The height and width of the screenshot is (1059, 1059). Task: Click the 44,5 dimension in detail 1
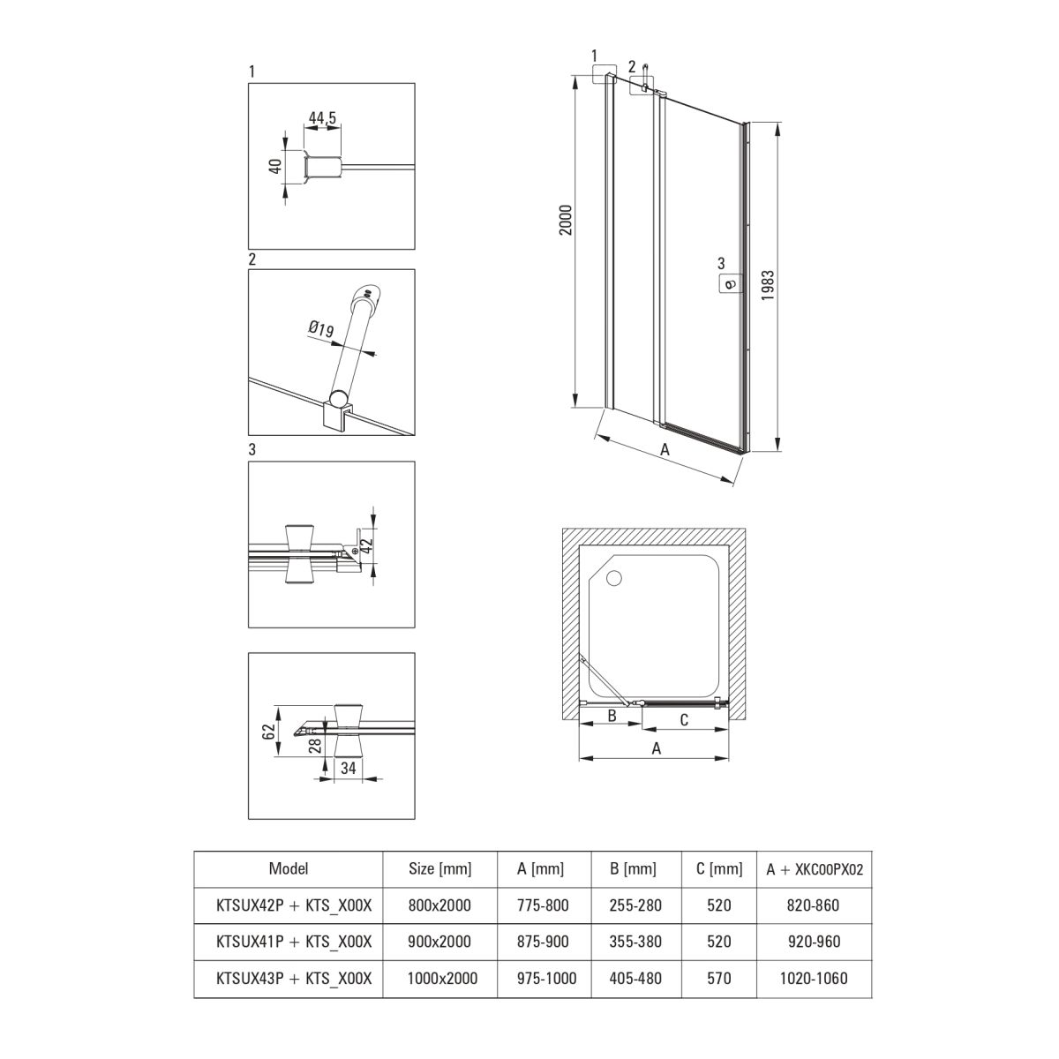coord(322,117)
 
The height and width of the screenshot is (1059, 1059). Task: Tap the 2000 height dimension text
coord(566,220)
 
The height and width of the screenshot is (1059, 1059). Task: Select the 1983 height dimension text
coord(768,285)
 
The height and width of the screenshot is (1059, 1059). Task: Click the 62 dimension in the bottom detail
coord(269,732)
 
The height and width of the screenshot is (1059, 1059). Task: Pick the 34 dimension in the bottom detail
coord(349,768)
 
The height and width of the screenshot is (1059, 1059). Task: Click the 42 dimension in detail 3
coord(367,545)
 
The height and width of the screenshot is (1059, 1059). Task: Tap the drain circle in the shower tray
coord(613,577)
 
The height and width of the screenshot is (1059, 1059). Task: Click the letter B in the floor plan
coord(611,716)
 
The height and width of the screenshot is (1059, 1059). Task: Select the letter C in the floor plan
coord(684,720)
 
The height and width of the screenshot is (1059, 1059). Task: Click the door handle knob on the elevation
coord(730,284)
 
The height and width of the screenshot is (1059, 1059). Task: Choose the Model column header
coord(288,869)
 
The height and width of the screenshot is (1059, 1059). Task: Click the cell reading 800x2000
coord(439,905)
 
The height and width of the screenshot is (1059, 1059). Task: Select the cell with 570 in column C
coord(719,978)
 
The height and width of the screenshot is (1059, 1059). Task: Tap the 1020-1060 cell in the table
coord(814,978)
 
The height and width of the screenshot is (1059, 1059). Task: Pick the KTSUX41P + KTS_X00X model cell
coord(294,942)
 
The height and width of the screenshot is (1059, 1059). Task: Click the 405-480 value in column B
coord(635,978)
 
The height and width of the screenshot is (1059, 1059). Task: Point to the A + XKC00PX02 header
coord(815,869)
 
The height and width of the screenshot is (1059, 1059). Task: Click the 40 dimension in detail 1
coord(276,165)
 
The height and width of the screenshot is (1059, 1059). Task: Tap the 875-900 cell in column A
coord(543,942)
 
